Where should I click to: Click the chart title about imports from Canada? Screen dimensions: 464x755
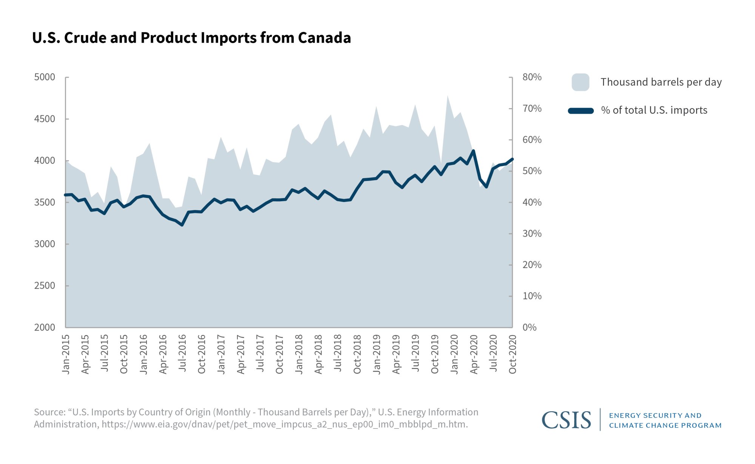point(191,38)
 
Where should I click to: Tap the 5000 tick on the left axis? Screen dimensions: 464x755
point(45,77)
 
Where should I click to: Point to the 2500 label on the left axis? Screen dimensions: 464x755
point(45,286)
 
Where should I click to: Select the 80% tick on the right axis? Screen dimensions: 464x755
point(532,77)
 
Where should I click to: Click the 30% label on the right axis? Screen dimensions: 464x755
point(532,234)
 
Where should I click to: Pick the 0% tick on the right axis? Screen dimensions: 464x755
point(529,328)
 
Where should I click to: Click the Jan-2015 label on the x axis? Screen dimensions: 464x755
point(66,354)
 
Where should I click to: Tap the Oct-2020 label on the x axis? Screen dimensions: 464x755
point(512,354)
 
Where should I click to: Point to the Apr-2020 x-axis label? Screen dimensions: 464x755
point(474,354)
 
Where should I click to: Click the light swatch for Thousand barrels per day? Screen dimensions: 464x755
point(580,82)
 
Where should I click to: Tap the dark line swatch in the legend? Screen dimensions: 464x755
point(581,110)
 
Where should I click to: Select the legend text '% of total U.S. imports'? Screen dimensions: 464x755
point(654,110)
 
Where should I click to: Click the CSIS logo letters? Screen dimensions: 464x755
point(566,420)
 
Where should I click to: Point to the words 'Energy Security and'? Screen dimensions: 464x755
point(655,415)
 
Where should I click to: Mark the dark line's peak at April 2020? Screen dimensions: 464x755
point(473,151)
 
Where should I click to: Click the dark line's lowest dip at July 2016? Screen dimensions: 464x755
point(182,225)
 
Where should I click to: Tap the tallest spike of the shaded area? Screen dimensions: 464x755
point(448,96)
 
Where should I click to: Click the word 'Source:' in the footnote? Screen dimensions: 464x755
point(50,412)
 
